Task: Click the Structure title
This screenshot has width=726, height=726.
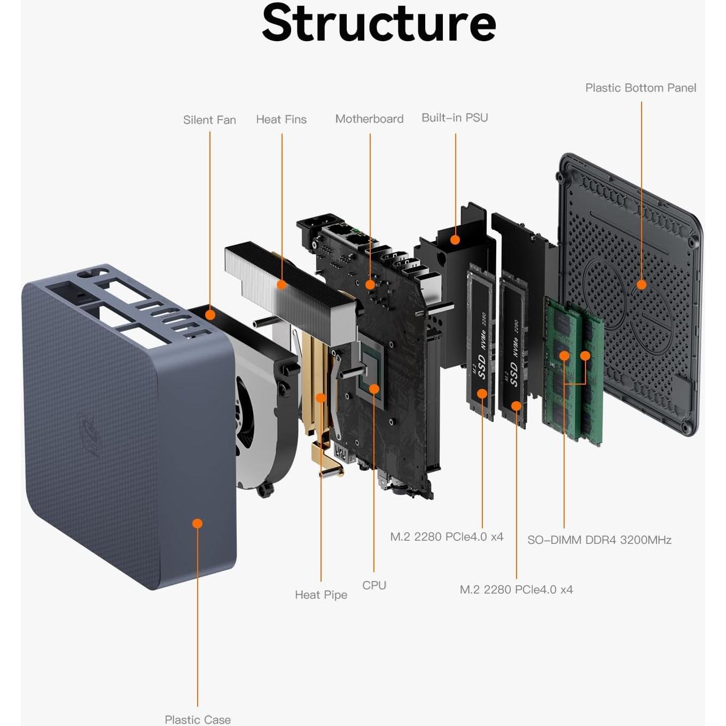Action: click(x=379, y=24)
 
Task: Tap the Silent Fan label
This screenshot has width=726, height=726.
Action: click(x=209, y=120)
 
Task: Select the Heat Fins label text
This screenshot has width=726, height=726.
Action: click(x=281, y=120)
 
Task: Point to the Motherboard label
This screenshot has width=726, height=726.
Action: click(x=369, y=119)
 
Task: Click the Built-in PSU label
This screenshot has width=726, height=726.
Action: click(x=455, y=118)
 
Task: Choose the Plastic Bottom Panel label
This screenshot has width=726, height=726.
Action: click(x=641, y=88)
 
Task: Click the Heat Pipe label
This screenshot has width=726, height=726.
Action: click(x=321, y=595)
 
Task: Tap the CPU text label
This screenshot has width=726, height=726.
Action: click(x=374, y=586)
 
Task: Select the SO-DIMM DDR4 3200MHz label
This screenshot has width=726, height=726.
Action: click(x=599, y=540)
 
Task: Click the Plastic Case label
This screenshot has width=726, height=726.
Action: click(x=198, y=720)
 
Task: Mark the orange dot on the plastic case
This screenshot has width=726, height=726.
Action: click(x=198, y=524)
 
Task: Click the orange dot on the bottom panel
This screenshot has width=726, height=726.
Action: click(x=642, y=285)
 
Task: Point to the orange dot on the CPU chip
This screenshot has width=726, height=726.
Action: click(x=374, y=389)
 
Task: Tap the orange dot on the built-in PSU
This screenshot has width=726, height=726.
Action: click(x=455, y=240)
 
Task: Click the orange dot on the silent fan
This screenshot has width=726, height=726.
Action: click(x=210, y=315)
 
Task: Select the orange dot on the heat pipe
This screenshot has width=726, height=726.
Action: click(x=321, y=397)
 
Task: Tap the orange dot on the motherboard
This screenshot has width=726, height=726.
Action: click(x=370, y=285)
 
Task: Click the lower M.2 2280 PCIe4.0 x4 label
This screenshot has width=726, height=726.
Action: click(x=516, y=590)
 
